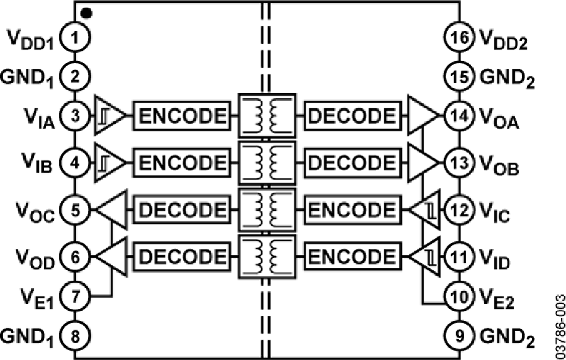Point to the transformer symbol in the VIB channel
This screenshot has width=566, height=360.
(267, 162)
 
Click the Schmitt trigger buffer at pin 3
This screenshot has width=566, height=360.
(109, 116)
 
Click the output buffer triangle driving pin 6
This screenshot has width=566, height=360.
(108, 256)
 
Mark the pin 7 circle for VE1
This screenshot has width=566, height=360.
(75, 296)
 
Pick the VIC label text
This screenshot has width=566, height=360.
(495, 210)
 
